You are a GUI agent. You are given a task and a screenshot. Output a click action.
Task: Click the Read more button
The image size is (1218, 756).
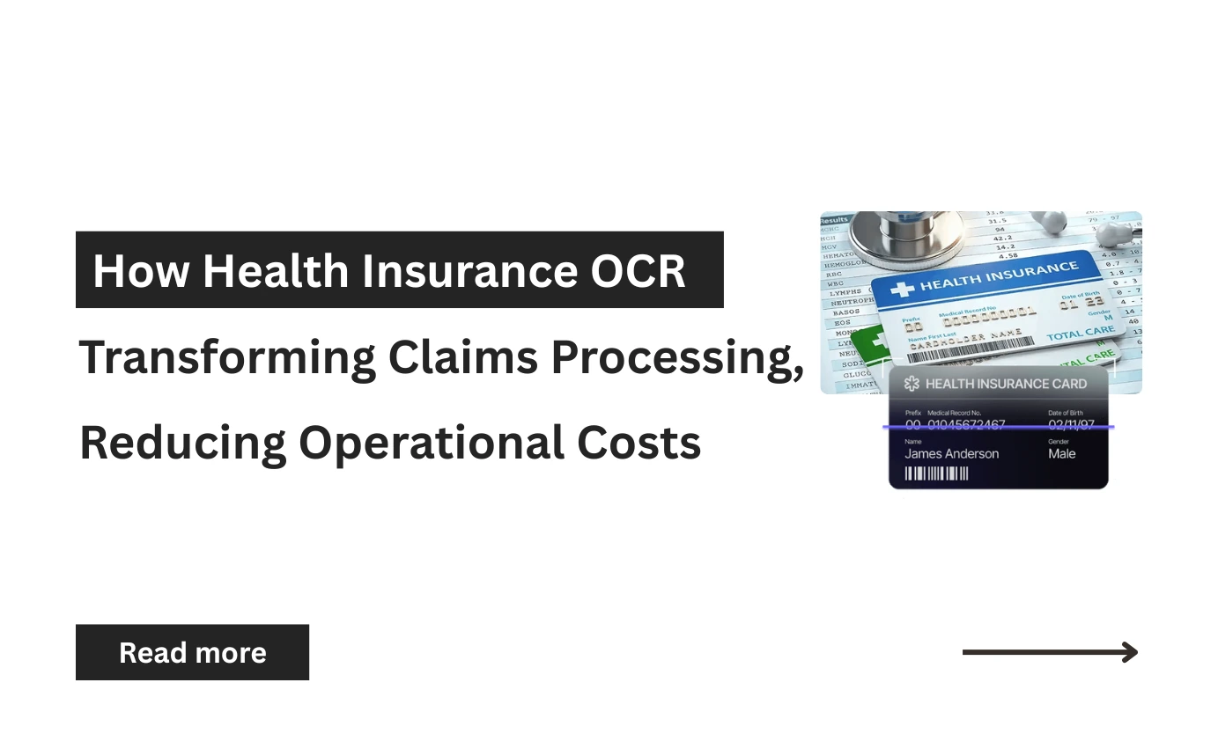(x=192, y=652)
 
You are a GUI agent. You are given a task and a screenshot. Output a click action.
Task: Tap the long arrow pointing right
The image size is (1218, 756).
(x=1050, y=652)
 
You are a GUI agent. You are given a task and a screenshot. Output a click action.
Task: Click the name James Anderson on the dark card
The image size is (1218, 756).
(x=951, y=454)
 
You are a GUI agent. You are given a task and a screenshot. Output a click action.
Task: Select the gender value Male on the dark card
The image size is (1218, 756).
(x=1062, y=454)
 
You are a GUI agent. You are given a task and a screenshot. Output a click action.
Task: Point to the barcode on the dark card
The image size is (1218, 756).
(x=937, y=474)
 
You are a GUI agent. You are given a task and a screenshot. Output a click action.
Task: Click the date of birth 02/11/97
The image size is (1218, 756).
(x=1071, y=425)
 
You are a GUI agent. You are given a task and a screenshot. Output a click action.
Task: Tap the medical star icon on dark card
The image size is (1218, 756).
(x=912, y=384)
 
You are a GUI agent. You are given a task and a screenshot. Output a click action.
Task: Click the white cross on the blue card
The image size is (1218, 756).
(x=903, y=290)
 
